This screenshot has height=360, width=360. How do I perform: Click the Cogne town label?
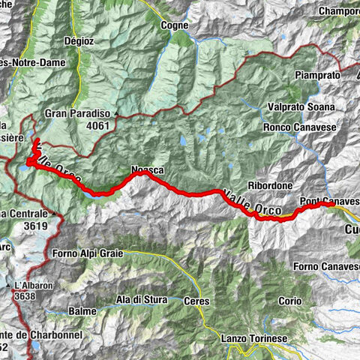click(x=174, y=25)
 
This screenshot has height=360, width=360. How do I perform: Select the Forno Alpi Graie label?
click(x=88, y=253)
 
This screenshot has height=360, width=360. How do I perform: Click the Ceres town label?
click(x=197, y=301)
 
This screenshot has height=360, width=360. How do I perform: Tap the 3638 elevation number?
click(x=25, y=297)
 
